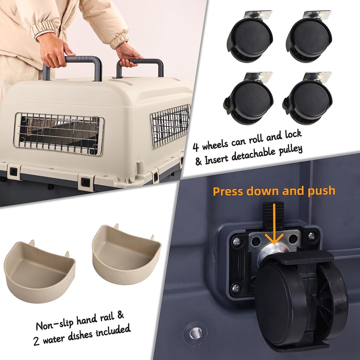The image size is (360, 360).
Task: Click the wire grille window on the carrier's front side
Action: [58, 133]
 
